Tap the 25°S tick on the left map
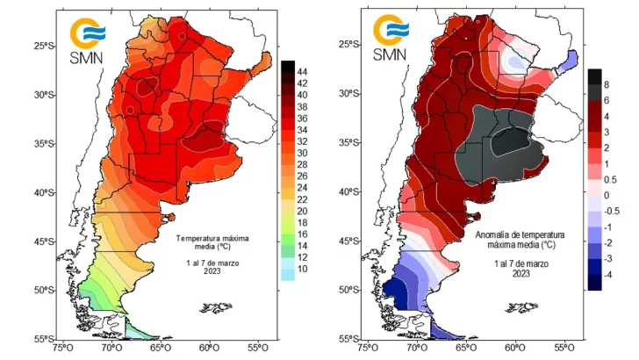coord(38,45)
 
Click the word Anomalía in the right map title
coord(495,236)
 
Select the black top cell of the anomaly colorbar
coord(594,76)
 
